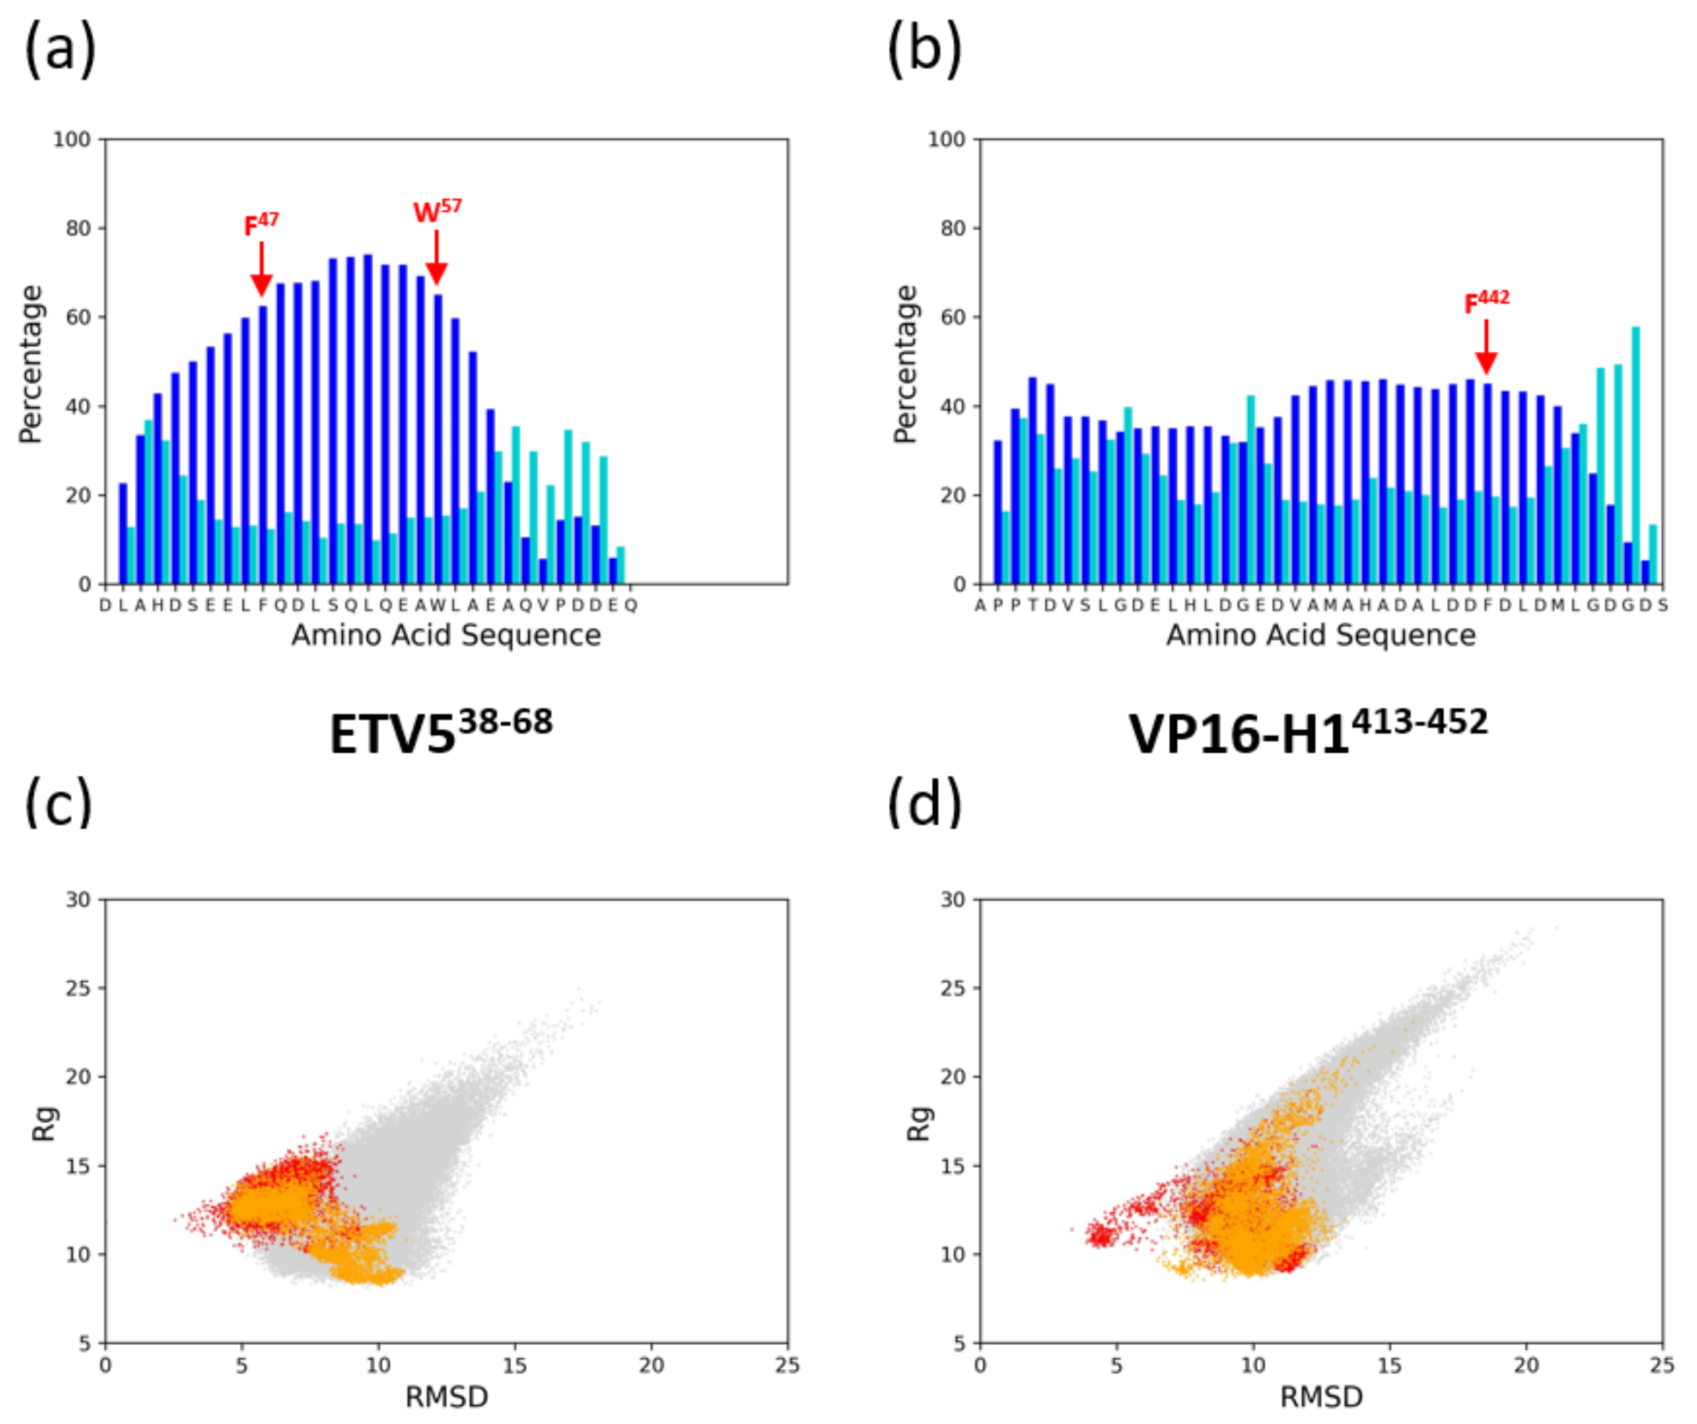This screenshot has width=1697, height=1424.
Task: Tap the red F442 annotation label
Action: pos(1486,301)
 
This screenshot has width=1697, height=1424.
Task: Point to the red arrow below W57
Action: pos(437,258)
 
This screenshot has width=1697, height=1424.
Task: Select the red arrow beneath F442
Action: pos(1486,347)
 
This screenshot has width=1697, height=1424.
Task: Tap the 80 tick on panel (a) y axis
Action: pos(78,228)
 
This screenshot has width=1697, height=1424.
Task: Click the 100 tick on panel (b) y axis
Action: pos(946,140)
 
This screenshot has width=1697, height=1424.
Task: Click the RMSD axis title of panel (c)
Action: pos(446,1397)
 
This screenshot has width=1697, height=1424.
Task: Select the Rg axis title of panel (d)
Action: pos(920,1123)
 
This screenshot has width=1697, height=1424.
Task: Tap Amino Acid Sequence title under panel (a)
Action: pos(446,635)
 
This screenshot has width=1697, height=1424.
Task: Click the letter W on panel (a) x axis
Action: pos(437,605)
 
